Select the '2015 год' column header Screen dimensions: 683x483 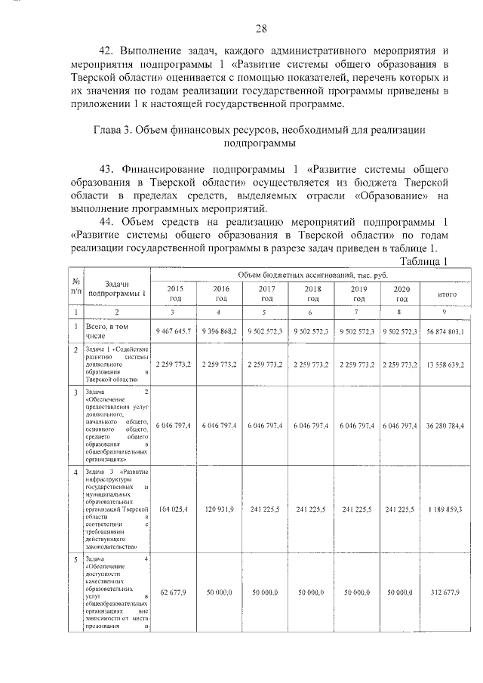click(x=175, y=294)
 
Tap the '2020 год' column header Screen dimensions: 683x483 click(x=401, y=294)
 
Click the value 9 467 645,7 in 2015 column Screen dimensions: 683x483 click(x=175, y=331)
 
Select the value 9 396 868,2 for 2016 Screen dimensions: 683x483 click(x=221, y=331)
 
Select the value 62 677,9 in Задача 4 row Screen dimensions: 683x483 click(x=175, y=592)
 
